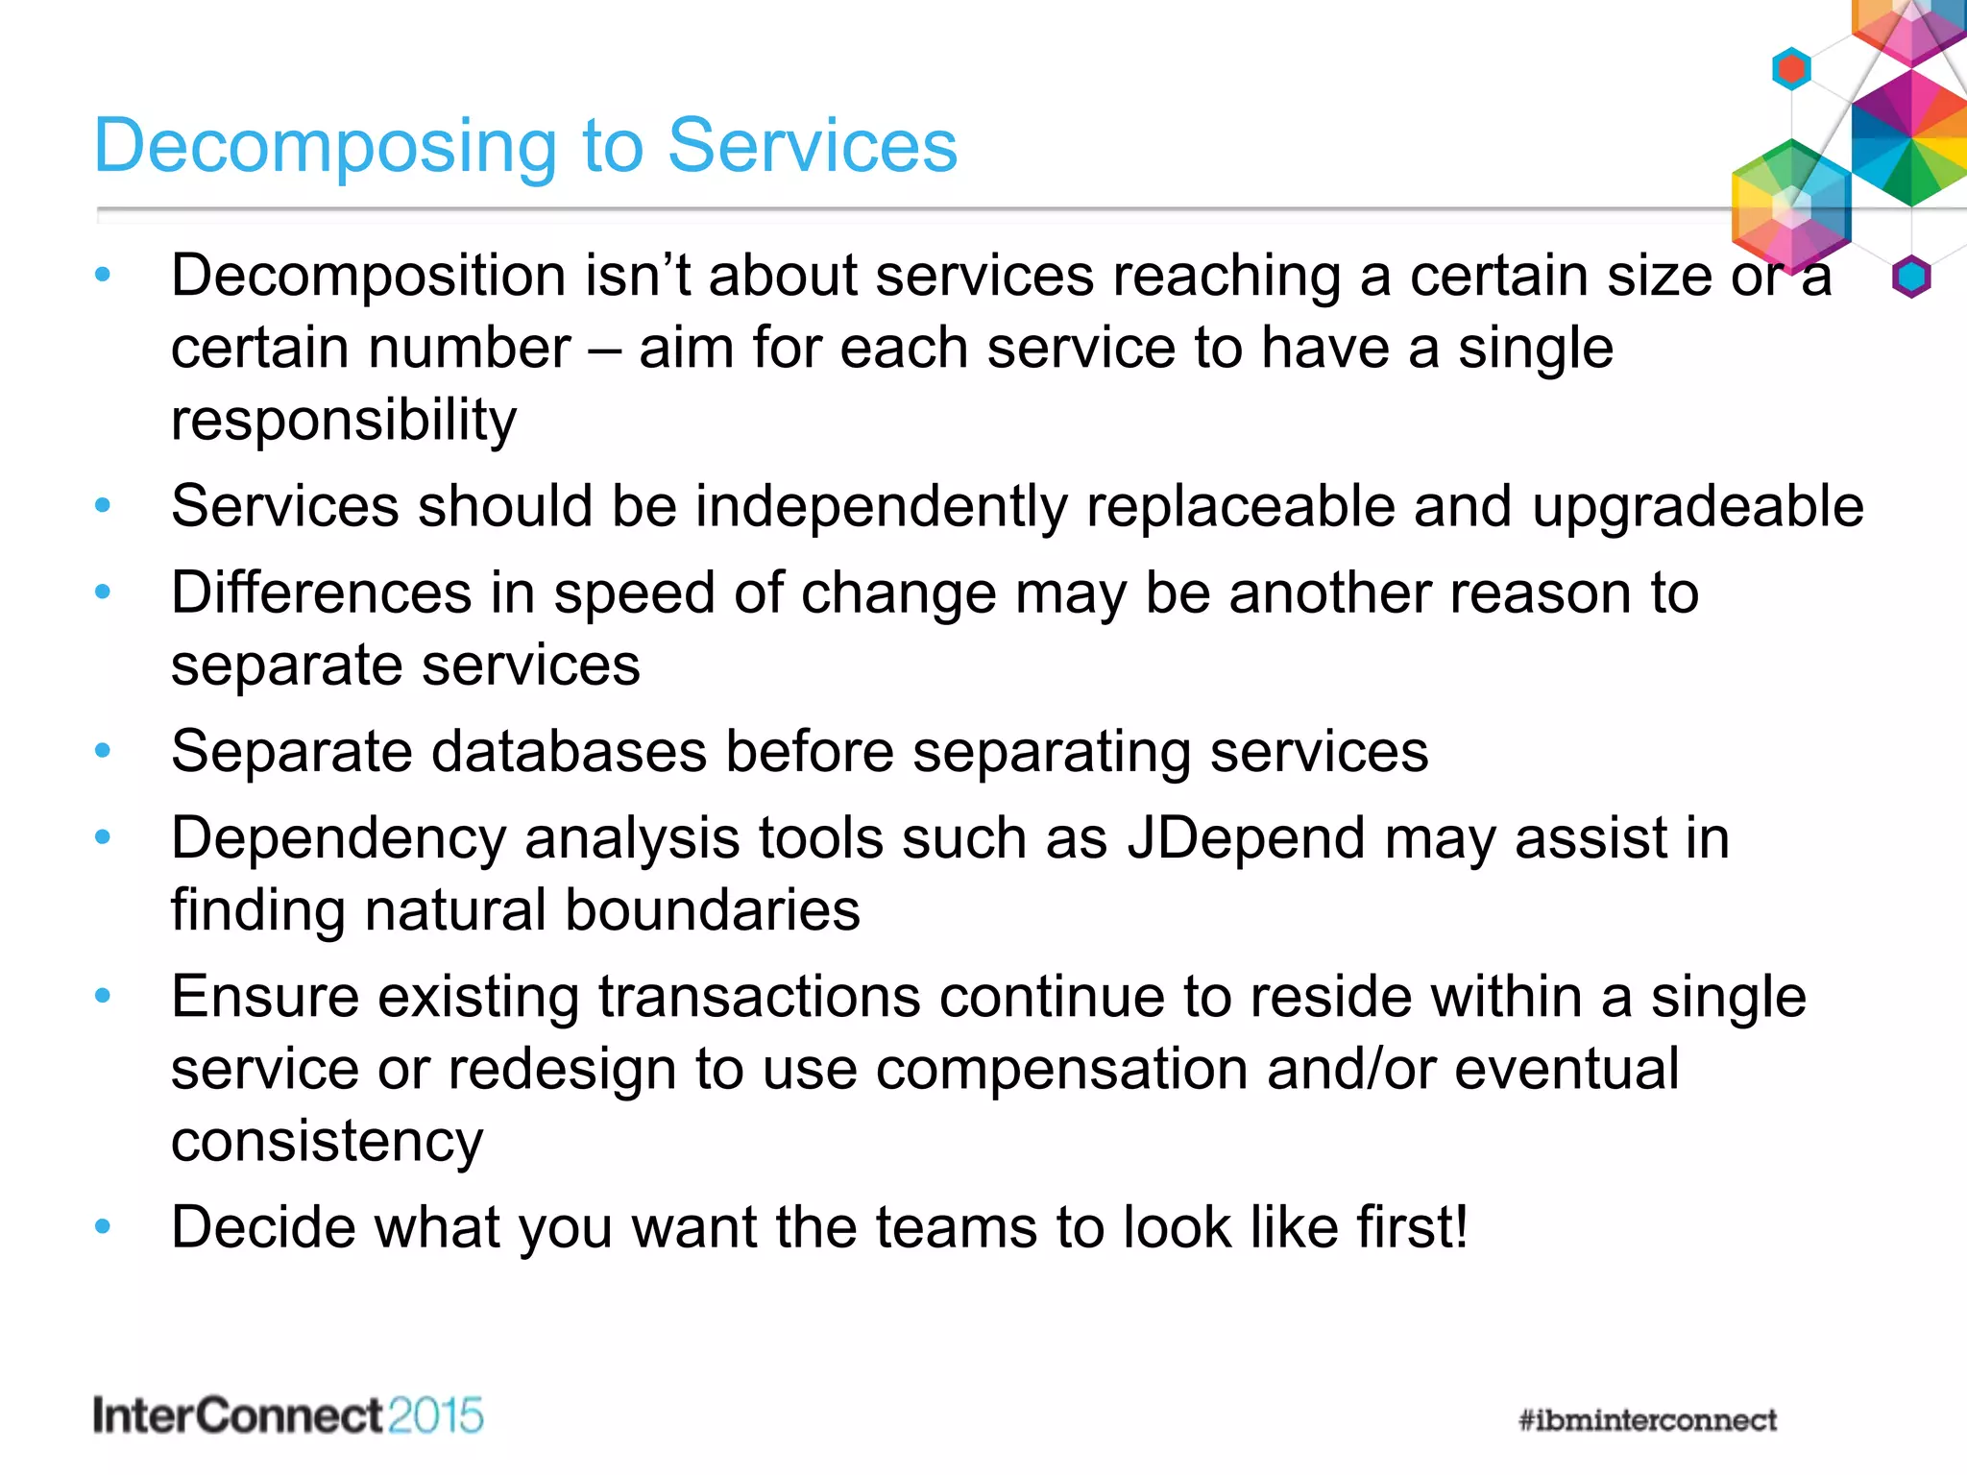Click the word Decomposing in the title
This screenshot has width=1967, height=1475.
325,146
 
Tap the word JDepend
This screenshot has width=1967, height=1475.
1246,837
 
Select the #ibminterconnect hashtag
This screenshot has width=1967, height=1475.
1647,1419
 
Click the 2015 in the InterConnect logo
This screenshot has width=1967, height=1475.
436,1416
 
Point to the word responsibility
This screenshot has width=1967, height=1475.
344,420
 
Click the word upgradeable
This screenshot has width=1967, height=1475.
1697,506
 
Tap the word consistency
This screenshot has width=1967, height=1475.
327,1141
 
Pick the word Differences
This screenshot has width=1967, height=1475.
321,592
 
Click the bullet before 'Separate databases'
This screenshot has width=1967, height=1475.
103,751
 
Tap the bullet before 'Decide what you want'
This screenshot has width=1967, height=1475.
103,1226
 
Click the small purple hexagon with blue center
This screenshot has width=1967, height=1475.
1911,277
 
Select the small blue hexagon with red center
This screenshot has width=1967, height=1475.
1791,68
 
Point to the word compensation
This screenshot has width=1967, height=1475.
1061,1069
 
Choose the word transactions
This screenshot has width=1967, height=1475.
760,997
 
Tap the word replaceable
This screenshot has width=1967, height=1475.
1240,506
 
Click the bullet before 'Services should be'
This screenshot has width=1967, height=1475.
103,505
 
